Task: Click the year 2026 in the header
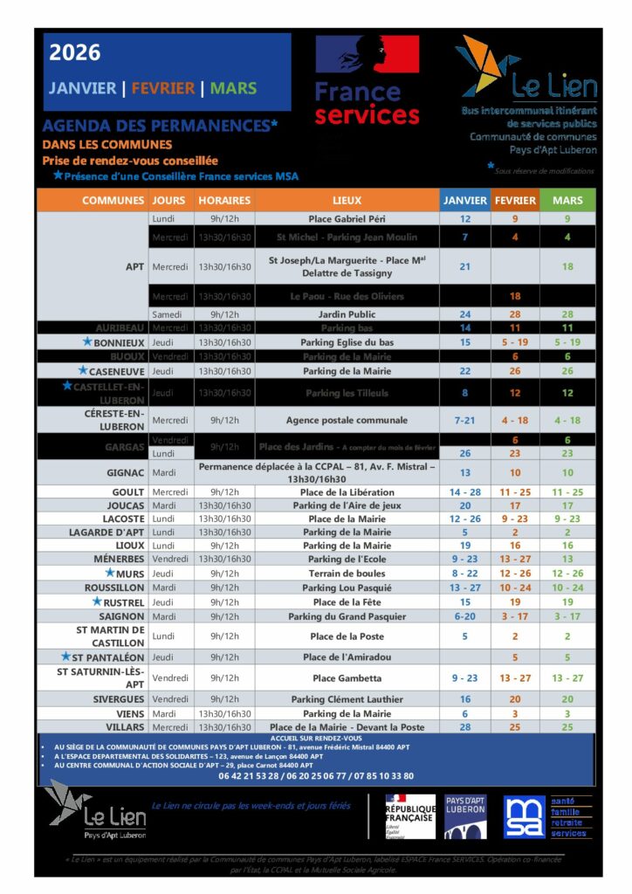point(75,53)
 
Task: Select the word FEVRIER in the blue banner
point(165,88)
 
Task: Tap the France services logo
point(367,79)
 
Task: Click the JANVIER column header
point(464,201)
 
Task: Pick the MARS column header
point(567,201)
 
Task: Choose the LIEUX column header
point(347,201)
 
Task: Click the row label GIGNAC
point(125,472)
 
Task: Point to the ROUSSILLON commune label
point(114,588)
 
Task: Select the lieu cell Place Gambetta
point(347,677)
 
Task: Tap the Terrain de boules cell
point(347,573)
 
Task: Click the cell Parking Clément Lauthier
point(347,699)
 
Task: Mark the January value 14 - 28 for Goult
point(464,492)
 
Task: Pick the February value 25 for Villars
point(515,726)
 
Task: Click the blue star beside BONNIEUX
point(86,341)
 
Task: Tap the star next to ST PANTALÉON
point(65,656)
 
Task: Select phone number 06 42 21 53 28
point(248,775)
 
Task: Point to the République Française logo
point(409,816)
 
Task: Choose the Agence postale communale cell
point(347,420)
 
